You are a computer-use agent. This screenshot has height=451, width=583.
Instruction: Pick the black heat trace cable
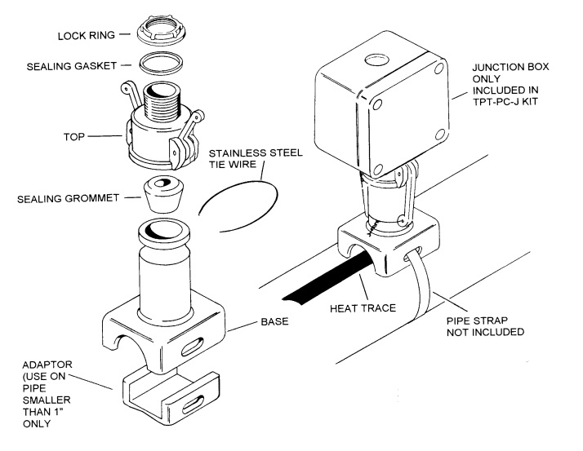pos(310,285)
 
